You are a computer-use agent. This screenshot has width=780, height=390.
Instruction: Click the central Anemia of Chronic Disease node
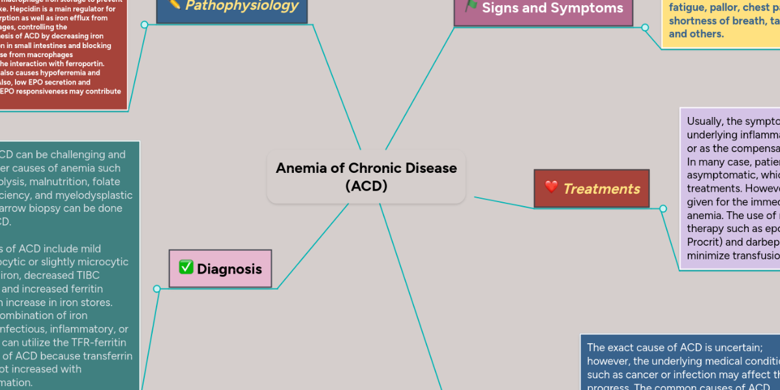(366, 177)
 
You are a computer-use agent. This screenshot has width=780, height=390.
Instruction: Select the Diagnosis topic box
(220, 268)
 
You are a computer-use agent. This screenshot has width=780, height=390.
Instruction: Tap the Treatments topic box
(591, 188)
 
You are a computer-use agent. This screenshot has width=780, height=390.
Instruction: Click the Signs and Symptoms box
(543, 9)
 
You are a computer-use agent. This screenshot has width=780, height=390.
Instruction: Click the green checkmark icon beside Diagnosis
(186, 268)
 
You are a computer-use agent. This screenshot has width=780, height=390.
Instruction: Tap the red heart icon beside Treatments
(551, 188)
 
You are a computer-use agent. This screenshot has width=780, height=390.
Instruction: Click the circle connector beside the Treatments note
(663, 209)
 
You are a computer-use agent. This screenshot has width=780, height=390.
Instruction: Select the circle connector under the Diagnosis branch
(157, 289)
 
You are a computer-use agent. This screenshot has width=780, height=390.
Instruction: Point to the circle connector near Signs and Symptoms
(645, 27)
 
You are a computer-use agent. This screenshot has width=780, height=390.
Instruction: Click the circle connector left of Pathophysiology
(145, 25)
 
